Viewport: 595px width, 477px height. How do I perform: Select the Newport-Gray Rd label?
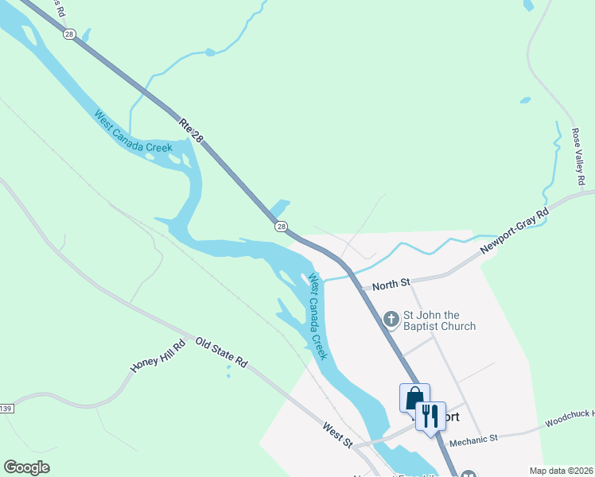click(515, 232)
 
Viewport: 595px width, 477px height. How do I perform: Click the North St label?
click(392, 283)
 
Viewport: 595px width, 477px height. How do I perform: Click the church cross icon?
click(391, 320)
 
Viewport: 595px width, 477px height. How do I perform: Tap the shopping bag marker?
click(414, 397)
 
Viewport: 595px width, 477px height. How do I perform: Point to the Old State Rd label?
click(222, 351)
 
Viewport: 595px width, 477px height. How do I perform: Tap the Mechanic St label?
click(472, 439)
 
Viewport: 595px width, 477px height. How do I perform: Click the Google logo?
click(26, 467)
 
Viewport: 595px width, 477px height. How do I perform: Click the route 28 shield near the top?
click(69, 34)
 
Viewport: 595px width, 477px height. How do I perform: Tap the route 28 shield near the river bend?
click(282, 227)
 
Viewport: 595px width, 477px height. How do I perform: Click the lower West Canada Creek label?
click(317, 316)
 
